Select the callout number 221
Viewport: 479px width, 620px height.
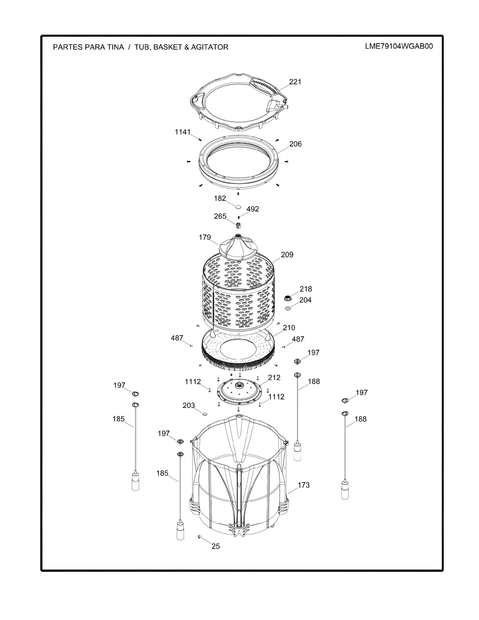(295, 82)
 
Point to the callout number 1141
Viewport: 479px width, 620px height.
(182, 132)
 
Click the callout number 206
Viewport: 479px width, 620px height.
(295, 144)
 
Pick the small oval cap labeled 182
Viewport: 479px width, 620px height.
(238, 206)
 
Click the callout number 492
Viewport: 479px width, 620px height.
(253, 209)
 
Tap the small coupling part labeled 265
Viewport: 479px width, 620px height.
(238, 225)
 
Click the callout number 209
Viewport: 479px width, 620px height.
(287, 255)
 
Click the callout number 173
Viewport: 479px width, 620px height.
(304, 485)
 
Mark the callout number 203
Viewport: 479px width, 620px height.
(189, 405)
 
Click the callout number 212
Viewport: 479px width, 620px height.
(274, 378)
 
